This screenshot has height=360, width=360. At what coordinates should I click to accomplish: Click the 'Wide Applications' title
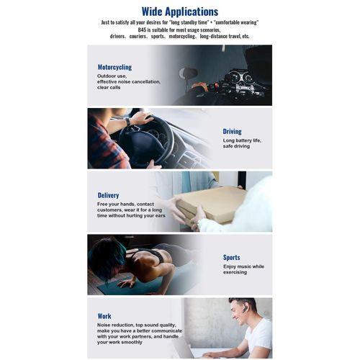coord(180,12)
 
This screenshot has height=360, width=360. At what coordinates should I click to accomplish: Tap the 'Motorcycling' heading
coord(114,67)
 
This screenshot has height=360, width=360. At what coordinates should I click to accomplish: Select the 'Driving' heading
coord(232,132)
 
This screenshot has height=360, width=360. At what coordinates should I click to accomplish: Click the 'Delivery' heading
coord(108,195)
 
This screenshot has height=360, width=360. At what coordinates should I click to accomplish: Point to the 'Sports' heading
coord(231,258)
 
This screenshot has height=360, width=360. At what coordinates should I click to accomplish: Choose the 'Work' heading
coord(104,316)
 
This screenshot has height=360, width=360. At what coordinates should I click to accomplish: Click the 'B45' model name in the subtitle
coord(142,30)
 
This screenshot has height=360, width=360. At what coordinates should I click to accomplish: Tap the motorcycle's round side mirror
coord(188,73)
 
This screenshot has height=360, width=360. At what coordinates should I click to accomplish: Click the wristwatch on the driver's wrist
coord(127,122)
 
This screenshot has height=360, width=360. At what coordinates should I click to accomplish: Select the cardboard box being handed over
coord(211,204)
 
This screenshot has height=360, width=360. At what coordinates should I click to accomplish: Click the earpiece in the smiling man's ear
coord(246,310)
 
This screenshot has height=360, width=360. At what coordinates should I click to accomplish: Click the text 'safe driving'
coord(236,146)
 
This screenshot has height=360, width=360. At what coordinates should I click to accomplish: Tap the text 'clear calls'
coord(109,88)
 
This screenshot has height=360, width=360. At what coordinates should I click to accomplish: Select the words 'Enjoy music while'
coord(243,266)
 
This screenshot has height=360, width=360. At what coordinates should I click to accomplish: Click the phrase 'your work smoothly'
coord(120,342)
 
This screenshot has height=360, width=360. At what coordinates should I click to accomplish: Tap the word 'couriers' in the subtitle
coord(138,37)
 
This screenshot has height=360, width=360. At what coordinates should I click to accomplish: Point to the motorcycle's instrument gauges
coord(240,77)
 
